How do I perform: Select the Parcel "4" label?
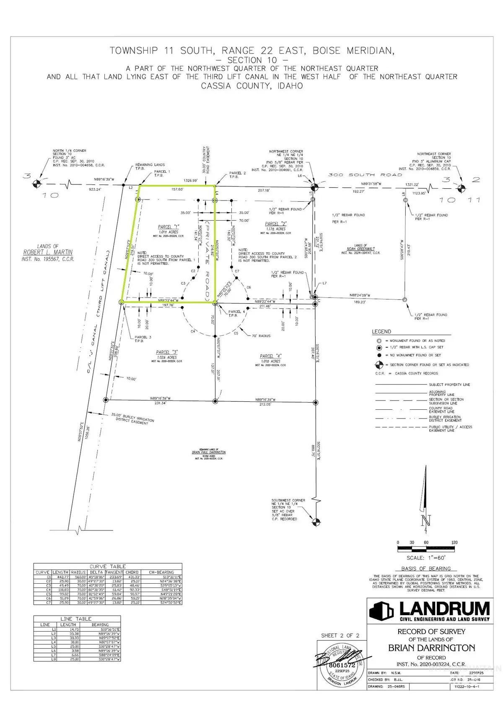tap(270, 356)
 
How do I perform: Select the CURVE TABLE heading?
tap(108, 566)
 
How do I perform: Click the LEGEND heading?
tap(381, 332)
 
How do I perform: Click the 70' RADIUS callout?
tap(261, 335)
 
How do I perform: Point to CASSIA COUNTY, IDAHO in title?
tap(251, 86)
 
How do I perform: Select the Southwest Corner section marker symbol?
tap(316, 522)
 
